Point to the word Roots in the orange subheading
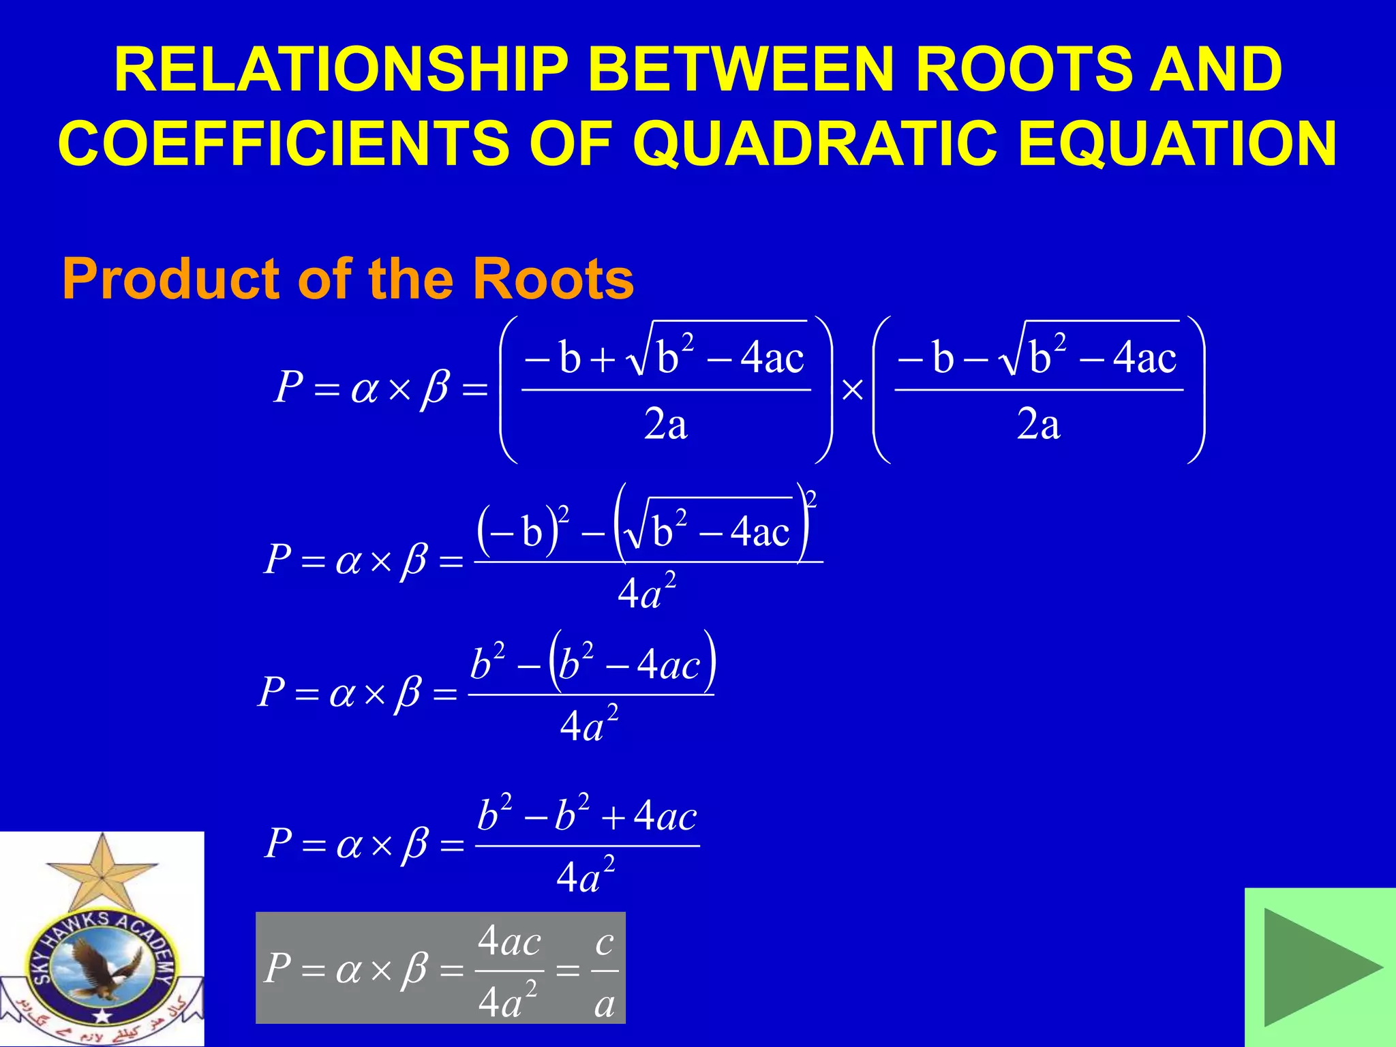(552, 279)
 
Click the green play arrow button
(1320, 967)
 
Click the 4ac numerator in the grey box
(509, 942)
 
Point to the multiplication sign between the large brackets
(853, 391)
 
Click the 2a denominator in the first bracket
(665, 425)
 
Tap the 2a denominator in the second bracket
(1038, 425)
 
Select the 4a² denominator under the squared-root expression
(646, 592)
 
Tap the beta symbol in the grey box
(414, 969)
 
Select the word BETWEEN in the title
(740, 70)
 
